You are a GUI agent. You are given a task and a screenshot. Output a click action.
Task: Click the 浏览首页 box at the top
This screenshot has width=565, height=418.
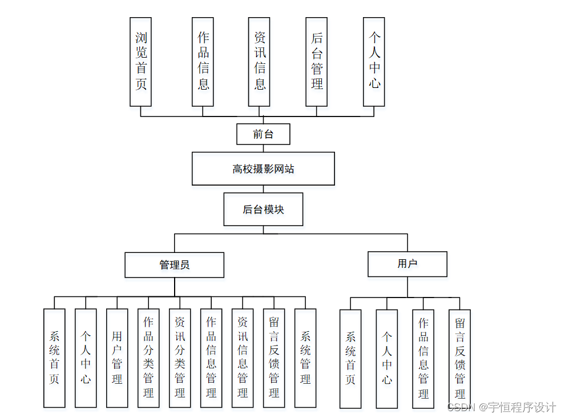[x=141, y=62]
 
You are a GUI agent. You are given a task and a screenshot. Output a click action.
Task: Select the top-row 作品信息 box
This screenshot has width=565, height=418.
[x=203, y=62]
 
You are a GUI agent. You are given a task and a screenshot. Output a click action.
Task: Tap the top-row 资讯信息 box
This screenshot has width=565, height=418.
[x=259, y=62]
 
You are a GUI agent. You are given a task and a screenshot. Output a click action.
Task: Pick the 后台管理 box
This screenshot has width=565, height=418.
[x=317, y=62]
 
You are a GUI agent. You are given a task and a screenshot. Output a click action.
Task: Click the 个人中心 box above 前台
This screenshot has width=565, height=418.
[x=374, y=62]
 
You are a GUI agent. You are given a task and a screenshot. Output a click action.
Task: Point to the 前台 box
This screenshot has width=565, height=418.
[x=263, y=135]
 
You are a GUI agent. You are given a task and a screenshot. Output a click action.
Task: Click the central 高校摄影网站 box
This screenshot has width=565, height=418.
[x=263, y=168]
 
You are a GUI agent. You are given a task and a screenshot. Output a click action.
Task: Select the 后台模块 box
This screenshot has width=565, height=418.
[x=263, y=209]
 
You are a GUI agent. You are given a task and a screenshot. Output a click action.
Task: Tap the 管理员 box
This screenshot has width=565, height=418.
[x=175, y=265]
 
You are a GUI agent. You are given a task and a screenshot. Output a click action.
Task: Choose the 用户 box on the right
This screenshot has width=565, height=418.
[x=407, y=264]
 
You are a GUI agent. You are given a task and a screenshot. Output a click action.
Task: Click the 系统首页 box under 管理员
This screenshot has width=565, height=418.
[x=54, y=358]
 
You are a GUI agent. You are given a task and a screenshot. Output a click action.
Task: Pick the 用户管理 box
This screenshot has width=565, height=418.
[x=117, y=358]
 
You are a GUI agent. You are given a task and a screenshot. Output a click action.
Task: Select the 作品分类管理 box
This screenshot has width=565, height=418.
[x=148, y=358]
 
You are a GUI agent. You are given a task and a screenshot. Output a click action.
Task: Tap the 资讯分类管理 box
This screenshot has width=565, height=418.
[x=180, y=358]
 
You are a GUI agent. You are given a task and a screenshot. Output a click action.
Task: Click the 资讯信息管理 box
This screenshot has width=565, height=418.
[x=243, y=358]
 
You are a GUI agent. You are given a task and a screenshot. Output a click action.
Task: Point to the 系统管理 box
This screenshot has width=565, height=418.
[x=305, y=358]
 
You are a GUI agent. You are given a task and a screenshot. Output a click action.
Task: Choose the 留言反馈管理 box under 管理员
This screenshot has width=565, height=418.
[x=274, y=358]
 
